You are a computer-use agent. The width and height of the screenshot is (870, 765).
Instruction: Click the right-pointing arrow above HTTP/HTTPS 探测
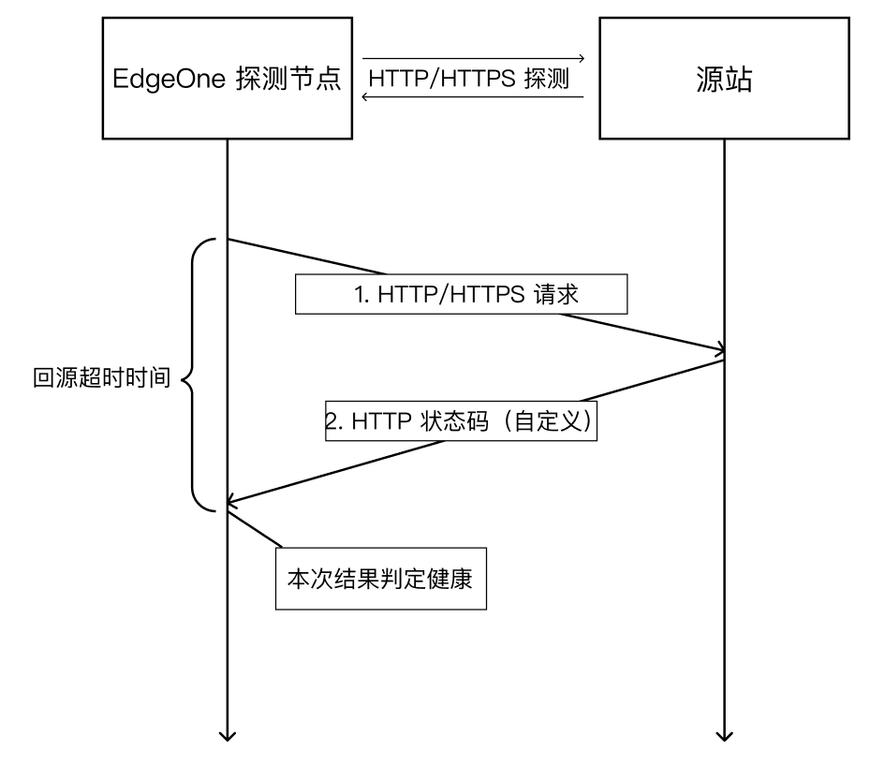point(473,59)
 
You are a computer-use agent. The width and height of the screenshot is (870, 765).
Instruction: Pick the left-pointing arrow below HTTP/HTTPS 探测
point(473,96)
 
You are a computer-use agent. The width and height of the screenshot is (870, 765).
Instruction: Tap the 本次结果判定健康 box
point(381,579)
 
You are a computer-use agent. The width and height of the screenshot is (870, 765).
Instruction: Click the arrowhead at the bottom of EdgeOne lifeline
point(227,733)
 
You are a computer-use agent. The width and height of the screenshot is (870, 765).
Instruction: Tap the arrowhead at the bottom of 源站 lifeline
point(725,733)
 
